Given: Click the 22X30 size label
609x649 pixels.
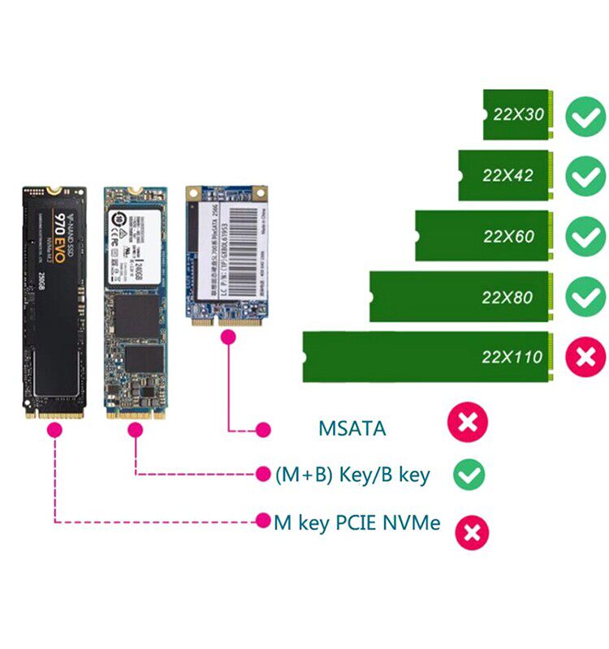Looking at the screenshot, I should tap(518, 114).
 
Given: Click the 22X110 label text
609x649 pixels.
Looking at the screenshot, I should tap(512, 357).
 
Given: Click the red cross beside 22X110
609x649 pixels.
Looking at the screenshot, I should tap(585, 357).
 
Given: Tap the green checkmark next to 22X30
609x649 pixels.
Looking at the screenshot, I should tap(585, 116).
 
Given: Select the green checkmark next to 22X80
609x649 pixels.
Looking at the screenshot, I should tap(585, 297).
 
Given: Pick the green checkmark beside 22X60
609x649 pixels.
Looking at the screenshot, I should tap(585, 237).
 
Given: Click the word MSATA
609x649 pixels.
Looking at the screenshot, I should tap(352, 428).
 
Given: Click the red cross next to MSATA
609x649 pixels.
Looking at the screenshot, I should tap(469, 423).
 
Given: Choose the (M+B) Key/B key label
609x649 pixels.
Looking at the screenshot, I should tap(353, 475).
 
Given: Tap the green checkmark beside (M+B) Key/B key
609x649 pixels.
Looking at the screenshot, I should tap(469, 475).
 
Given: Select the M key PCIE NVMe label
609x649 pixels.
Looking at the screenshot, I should tap(356, 522).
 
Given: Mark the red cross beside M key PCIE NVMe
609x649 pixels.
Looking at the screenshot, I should tap(472, 533).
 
